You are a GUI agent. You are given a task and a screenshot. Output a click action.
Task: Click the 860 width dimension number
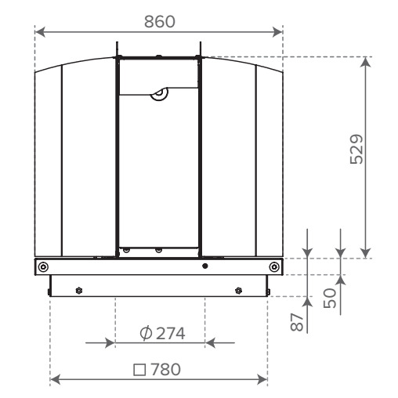[x=160, y=22]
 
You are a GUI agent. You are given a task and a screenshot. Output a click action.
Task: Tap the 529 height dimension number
[x=356, y=150]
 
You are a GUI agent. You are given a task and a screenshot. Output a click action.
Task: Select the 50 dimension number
[x=330, y=298]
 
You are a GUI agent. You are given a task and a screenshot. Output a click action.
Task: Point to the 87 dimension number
[x=297, y=322]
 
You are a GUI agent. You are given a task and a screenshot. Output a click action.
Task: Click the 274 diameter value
[x=171, y=334]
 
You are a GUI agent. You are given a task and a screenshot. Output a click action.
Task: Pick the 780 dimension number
[x=165, y=369]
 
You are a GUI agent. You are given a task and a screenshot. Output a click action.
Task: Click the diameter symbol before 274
[x=146, y=333]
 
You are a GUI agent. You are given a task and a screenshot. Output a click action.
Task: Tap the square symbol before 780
[x=139, y=370]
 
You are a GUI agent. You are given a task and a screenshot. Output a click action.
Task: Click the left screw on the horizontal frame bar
[x=43, y=267]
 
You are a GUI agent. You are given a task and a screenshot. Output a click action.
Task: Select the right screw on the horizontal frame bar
[x=274, y=267]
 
